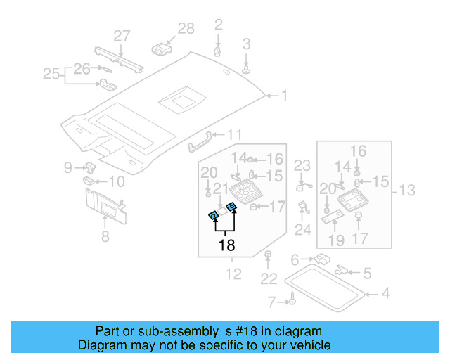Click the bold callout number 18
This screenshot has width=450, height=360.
[x=226, y=245]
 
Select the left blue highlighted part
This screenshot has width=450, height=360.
[x=213, y=216]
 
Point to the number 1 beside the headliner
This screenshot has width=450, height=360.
[x=285, y=95]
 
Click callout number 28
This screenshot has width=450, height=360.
[x=186, y=28]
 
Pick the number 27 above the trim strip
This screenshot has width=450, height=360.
[x=122, y=36]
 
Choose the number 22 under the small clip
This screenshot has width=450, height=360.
[x=269, y=279]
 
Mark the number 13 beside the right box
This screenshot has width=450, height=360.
[x=407, y=190]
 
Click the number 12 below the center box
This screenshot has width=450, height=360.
[x=233, y=274]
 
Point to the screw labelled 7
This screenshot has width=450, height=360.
[x=290, y=302]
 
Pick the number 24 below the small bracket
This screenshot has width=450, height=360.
[x=303, y=229]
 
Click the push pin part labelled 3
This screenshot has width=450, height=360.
[x=247, y=68]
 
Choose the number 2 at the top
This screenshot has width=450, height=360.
[x=219, y=25]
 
